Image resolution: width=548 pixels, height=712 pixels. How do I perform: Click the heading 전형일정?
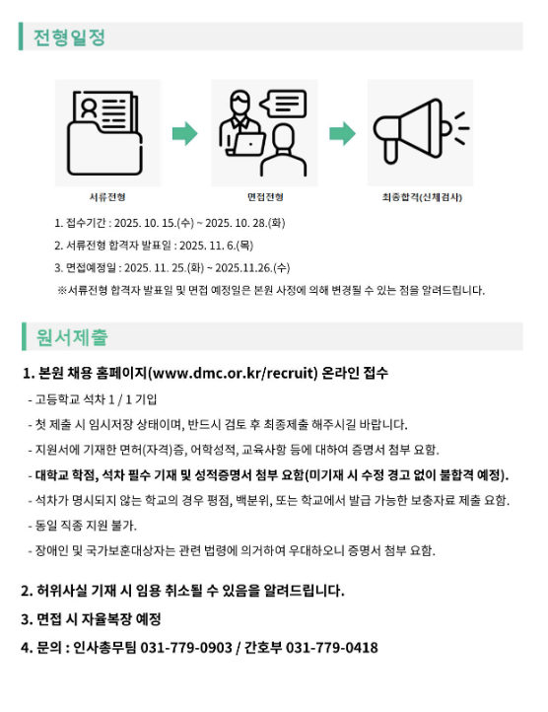[69, 36]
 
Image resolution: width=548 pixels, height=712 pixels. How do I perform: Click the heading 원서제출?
[72, 337]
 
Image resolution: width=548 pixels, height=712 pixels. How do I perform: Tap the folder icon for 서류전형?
[104, 133]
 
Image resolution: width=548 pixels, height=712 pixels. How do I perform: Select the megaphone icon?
[421, 132]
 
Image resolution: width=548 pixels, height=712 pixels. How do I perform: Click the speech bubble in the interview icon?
[283, 104]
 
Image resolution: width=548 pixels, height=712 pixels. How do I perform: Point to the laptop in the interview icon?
[246, 144]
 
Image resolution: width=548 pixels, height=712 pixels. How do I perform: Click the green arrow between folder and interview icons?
[185, 133]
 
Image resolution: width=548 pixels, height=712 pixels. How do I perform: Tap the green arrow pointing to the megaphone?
[342, 133]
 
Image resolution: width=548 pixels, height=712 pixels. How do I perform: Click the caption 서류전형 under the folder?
[107, 197]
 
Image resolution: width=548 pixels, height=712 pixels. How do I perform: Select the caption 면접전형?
[265, 197]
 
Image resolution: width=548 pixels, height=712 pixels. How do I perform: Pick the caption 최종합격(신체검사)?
[422, 197]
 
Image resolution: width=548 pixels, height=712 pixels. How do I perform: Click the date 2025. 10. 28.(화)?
[245, 223]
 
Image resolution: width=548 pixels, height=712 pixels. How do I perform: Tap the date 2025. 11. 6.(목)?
[216, 246]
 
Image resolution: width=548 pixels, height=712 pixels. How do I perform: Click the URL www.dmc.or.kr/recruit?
[233, 373]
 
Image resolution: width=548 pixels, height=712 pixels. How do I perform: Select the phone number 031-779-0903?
[186, 648]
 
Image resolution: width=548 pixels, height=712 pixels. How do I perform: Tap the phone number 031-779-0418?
[331, 648]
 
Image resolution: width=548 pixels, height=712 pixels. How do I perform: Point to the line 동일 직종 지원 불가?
[86, 526]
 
